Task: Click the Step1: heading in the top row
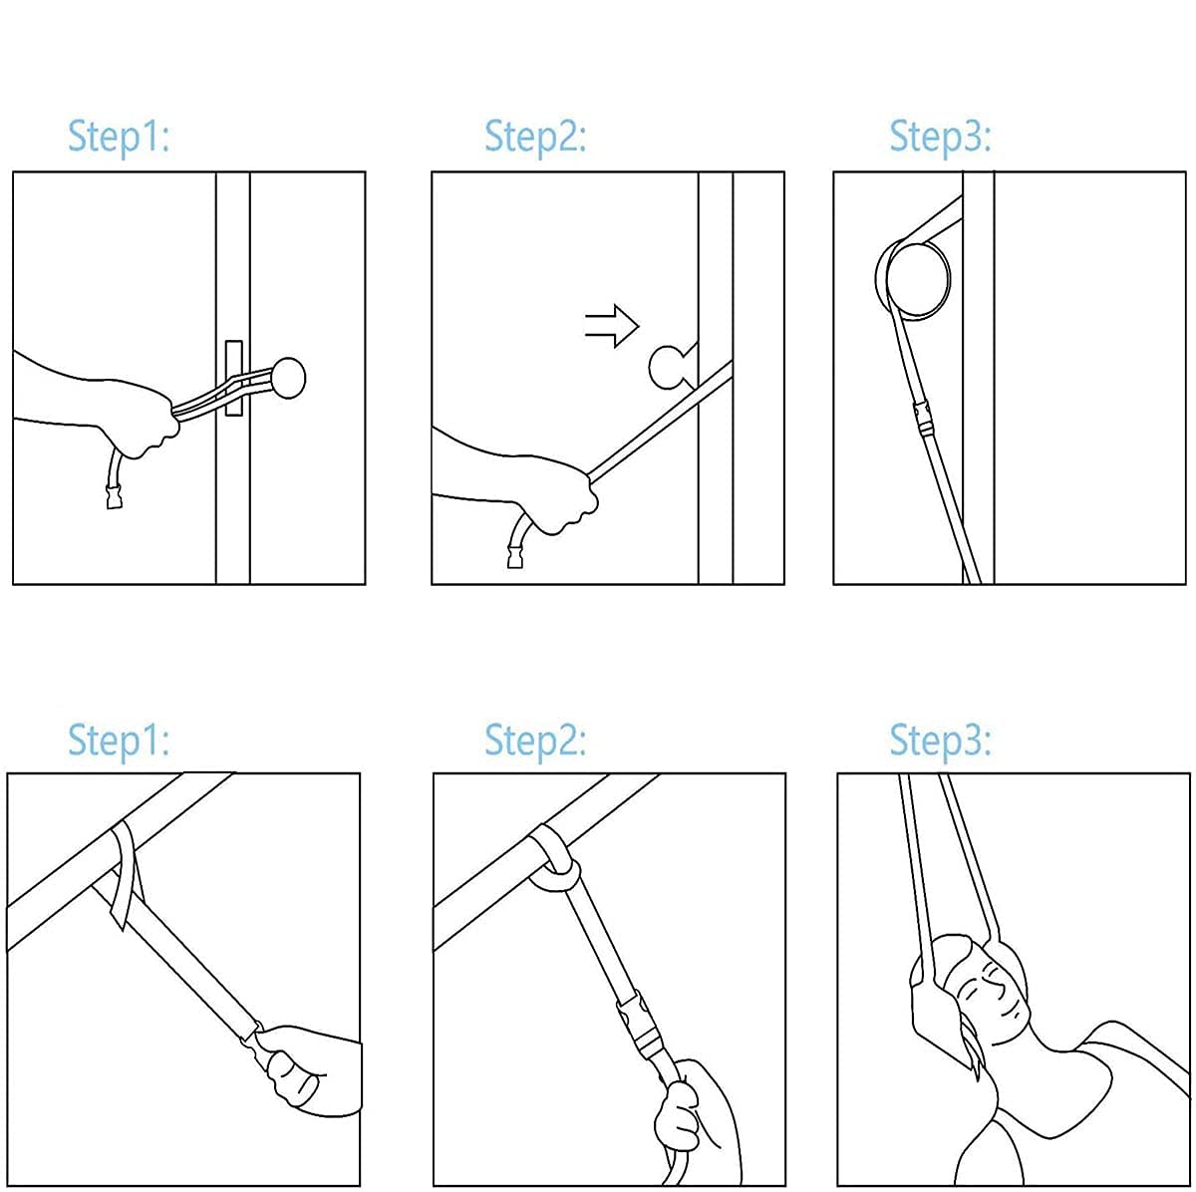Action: coord(119,138)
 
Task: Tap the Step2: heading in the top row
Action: coord(535,138)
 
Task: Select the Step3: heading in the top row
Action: coord(940,138)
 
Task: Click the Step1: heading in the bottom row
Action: coord(119,742)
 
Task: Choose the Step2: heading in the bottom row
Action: coord(535,742)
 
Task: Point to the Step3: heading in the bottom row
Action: coord(940,742)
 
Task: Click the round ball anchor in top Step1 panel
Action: coord(288,378)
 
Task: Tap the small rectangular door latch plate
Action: coord(234,378)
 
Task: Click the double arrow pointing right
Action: coord(611,325)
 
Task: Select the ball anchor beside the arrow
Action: coord(669,368)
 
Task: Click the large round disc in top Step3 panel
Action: coord(917,281)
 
